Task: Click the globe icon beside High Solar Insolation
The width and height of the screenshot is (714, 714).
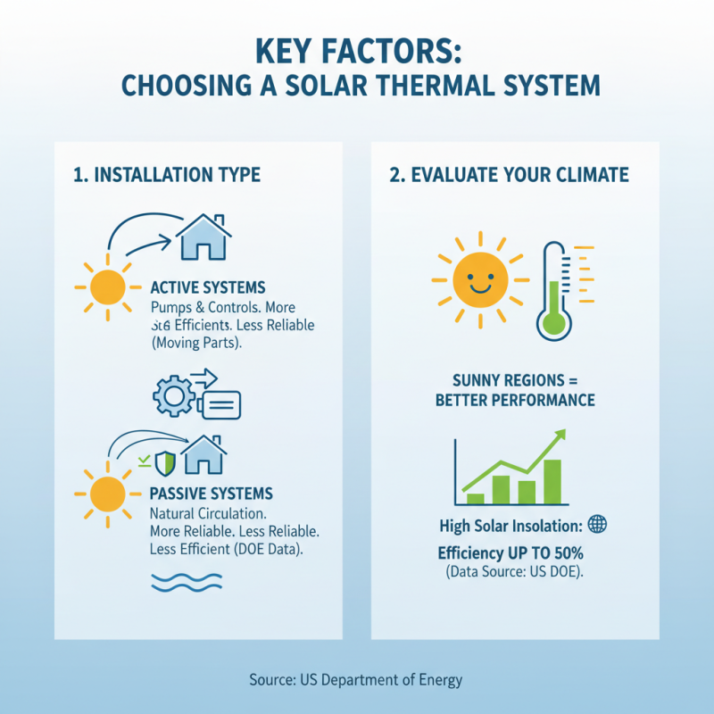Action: tap(598, 524)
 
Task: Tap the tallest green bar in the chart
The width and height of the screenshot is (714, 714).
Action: tap(552, 481)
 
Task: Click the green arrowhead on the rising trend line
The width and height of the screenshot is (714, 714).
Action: tap(560, 436)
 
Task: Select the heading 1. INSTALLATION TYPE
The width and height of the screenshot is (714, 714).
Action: tap(167, 174)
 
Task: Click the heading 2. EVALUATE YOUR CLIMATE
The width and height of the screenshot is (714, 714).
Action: tap(509, 174)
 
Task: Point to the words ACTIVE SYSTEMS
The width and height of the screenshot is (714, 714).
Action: tap(208, 287)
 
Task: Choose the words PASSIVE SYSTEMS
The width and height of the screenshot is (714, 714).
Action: tap(212, 494)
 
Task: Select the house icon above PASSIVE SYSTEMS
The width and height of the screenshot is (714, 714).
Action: tap(203, 454)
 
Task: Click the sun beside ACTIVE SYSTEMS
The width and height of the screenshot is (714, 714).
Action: tap(108, 287)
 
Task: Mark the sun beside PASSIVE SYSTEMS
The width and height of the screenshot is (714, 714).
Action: tap(108, 494)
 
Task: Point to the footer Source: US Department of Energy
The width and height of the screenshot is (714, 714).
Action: tap(356, 680)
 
